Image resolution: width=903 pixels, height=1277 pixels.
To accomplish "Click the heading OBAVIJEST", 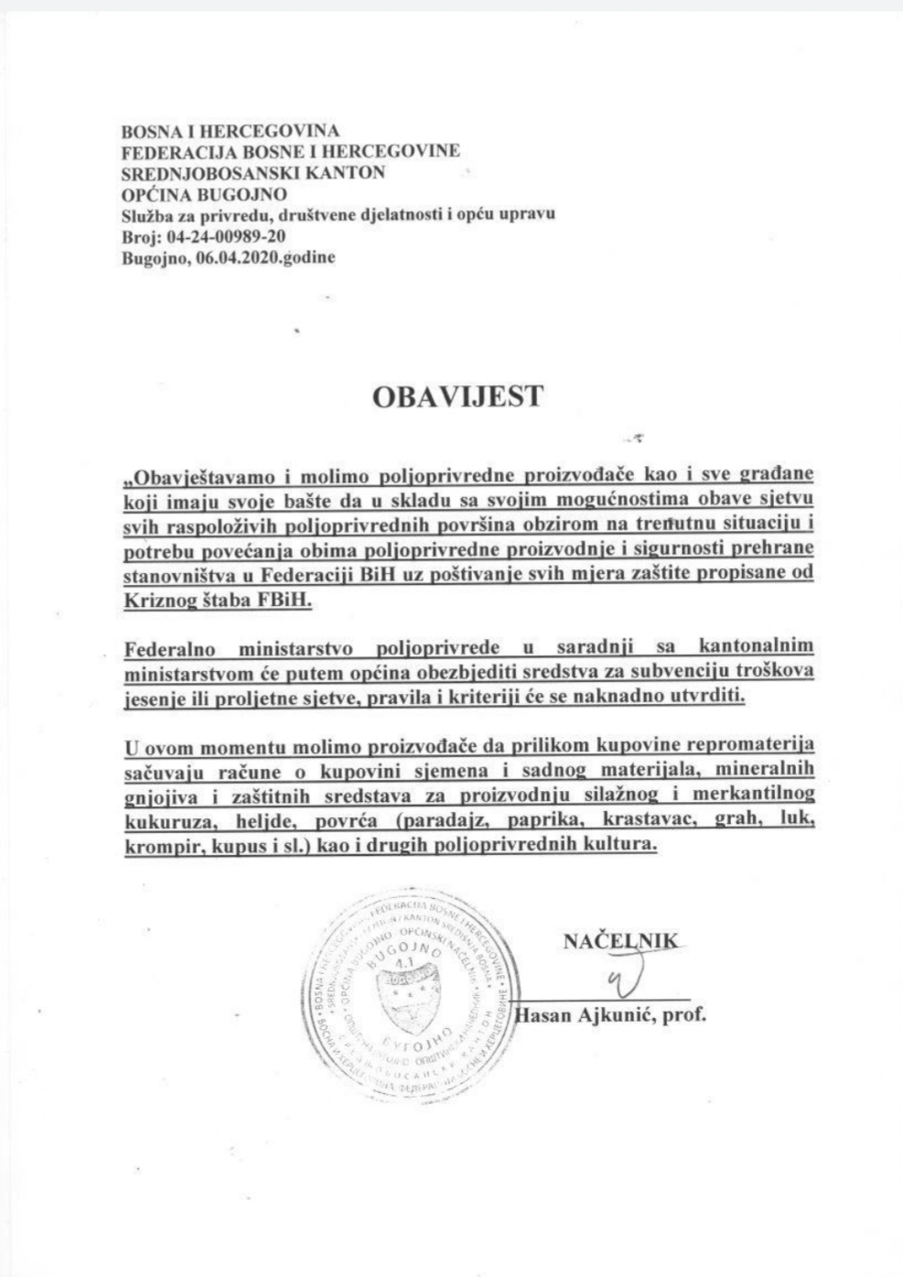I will point(457,396).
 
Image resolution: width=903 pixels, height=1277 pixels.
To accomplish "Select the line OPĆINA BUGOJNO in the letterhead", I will point(204,193).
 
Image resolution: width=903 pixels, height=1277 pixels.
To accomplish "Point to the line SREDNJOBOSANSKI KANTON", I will point(253,172).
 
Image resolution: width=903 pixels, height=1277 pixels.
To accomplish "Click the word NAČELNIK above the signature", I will point(620,940).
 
